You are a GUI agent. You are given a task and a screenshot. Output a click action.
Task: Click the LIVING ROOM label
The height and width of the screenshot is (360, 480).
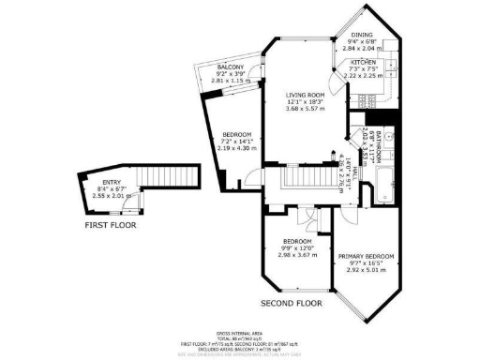pos(305,95)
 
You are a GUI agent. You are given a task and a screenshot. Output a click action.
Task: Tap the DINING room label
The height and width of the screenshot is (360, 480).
pos(362,36)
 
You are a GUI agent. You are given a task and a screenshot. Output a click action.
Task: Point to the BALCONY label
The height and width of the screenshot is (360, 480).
pos(231,67)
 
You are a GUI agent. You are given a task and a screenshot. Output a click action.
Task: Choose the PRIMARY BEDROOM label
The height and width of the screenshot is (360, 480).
pos(367,256)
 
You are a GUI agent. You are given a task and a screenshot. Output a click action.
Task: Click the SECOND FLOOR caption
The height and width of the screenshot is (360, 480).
pos(292,305)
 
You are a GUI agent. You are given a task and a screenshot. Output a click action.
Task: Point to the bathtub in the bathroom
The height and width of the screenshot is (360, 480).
pos(380,188)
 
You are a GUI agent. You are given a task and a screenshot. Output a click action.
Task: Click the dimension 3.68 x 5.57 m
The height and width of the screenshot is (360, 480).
pos(305,109)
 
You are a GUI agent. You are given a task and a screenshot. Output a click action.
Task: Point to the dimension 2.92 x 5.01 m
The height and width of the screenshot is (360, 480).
pos(367,270)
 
